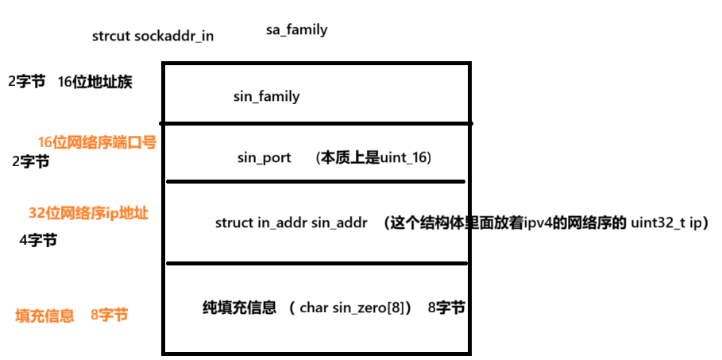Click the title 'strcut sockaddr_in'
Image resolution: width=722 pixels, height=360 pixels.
(x=153, y=36)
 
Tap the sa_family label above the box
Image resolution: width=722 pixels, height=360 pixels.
(x=296, y=30)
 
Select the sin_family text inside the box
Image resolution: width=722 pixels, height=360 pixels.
(x=266, y=97)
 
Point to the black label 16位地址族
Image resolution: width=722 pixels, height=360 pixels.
(x=95, y=82)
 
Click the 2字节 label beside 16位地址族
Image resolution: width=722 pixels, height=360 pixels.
(x=26, y=81)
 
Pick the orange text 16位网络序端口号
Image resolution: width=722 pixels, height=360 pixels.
(x=97, y=142)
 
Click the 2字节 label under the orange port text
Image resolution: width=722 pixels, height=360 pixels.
(x=31, y=161)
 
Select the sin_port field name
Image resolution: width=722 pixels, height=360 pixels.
(x=264, y=157)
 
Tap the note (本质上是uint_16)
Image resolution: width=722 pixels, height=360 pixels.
(x=373, y=157)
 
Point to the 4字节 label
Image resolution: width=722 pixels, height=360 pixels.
(x=38, y=239)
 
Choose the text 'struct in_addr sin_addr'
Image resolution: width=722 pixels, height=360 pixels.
(x=291, y=223)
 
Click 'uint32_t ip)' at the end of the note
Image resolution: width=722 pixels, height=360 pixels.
(x=669, y=223)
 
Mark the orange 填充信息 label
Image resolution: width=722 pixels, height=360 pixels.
(x=44, y=315)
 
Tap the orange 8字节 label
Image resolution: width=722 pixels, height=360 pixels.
(x=109, y=315)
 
